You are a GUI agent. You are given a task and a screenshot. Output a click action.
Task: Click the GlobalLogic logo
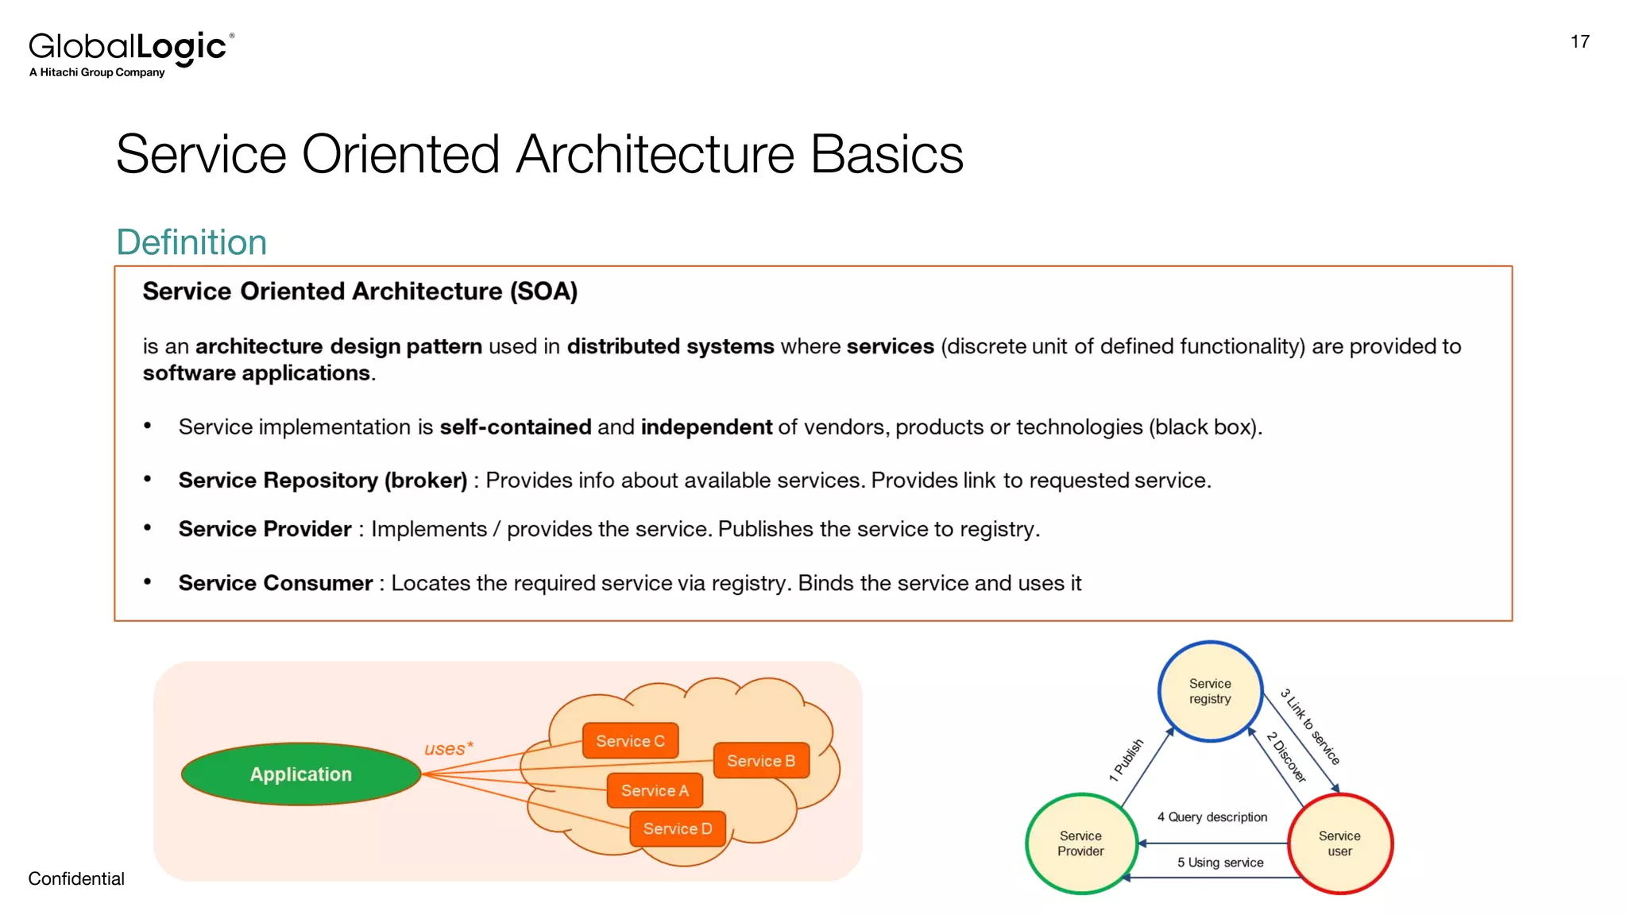click(131, 52)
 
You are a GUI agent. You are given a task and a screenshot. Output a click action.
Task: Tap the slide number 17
click(1579, 42)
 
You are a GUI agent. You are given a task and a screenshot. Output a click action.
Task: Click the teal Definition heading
click(191, 242)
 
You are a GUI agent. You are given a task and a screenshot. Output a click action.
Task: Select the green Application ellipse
click(301, 774)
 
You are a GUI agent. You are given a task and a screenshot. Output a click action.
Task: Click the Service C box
click(630, 741)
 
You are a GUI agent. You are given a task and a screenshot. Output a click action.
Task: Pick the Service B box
click(760, 761)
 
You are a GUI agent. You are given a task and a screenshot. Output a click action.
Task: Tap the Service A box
click(655, 790)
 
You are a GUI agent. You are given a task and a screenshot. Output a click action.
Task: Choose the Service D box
click(677, 828)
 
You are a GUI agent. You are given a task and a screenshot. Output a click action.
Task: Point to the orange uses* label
click(448, 748)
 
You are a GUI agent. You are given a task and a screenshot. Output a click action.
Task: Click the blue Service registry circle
click(1209, 691)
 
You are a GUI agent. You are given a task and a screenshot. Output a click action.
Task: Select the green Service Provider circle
click(1080, 844)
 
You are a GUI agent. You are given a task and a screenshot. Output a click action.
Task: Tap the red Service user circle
click(1339, 844)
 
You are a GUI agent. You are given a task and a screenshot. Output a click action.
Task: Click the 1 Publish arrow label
click(1127, 760)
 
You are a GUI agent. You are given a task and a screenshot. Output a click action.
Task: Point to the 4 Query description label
click(1212, 817)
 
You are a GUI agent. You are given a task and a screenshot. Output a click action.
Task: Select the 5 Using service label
click(1220, 863)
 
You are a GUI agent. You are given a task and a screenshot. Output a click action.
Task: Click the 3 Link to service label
click(1310, 727)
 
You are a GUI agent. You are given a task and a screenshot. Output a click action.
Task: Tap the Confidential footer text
click(76, 878)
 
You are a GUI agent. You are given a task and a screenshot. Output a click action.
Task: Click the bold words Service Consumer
click(275, 583)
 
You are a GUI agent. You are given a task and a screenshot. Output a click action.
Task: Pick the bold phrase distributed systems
click(670, 346)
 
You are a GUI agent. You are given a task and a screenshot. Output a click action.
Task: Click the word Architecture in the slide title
click(655, 154)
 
